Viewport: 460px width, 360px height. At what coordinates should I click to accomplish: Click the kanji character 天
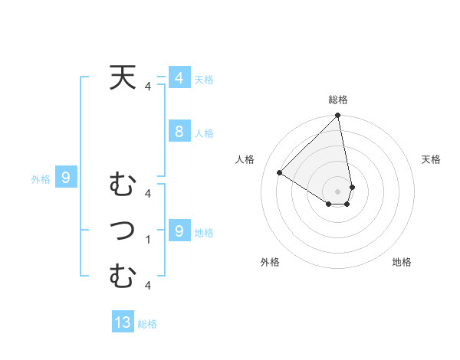122,78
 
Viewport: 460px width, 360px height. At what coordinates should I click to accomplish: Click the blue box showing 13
123,322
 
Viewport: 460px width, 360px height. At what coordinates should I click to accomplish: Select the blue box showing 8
179,131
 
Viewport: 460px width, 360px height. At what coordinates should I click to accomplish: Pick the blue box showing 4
179,78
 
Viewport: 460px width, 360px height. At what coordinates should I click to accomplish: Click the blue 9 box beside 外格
66,178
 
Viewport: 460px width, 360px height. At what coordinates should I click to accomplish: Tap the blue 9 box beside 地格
179,231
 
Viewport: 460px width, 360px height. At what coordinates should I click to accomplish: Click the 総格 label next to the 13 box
147,324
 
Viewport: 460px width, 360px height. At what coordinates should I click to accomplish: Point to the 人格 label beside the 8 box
204,133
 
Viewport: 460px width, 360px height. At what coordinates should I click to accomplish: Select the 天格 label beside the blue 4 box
204,80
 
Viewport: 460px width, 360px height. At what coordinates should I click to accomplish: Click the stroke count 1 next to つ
148,240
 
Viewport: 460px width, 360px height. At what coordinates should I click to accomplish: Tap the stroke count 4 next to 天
148,87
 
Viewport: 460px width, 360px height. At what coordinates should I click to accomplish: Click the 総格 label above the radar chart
338,100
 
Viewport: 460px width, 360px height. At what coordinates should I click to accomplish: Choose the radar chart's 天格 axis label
432,159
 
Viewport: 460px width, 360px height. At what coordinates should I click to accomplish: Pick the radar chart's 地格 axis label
402,262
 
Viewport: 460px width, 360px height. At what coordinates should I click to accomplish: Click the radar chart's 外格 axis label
270,262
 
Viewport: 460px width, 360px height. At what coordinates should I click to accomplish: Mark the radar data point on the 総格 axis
338,116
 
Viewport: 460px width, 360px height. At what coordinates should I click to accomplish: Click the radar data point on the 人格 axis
280,172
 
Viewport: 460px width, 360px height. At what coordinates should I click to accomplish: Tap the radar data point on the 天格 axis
352,186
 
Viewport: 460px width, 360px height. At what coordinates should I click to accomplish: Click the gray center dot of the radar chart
338,191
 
